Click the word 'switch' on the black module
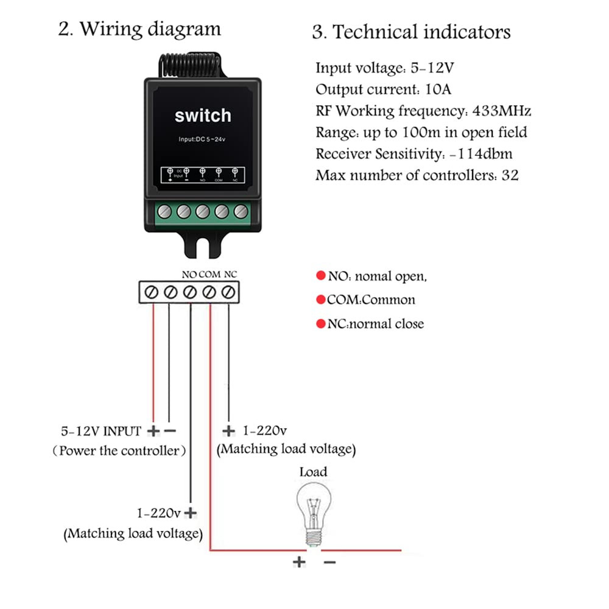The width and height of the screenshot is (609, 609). click(203, 116)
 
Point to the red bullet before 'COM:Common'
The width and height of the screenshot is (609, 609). click(321, 300)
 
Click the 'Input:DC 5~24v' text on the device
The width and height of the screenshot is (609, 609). click(203, 140)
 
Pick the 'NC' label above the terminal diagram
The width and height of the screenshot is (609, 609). click(230, 274)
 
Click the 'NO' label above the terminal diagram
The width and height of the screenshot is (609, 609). click(189, 274)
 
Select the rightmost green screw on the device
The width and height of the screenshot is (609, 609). click(241, 211)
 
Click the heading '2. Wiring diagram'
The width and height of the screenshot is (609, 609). click(139, 29)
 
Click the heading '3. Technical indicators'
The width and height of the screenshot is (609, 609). click(411, 32)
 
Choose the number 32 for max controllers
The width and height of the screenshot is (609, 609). click(510, 175)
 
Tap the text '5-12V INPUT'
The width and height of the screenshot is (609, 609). click(101, 431)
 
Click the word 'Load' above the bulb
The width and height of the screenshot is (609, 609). click(313, 471)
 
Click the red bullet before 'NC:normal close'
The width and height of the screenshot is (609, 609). click(321, 324)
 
